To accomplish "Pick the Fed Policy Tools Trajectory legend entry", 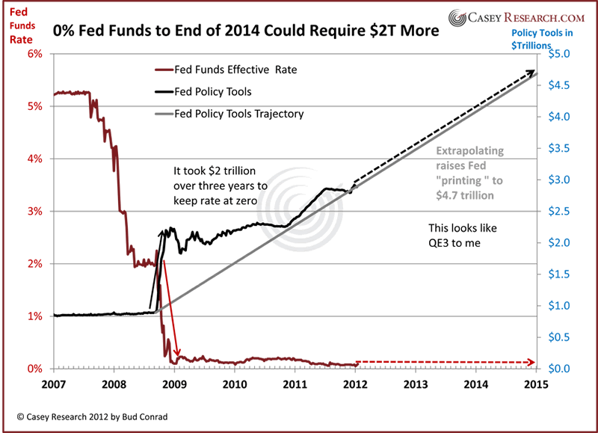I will [229, 114].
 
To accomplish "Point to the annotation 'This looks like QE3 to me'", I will [462, 234].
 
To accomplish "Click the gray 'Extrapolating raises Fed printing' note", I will [471, 173].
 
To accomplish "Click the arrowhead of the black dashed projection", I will [531, 72].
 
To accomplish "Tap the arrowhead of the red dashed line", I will [531, 363].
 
